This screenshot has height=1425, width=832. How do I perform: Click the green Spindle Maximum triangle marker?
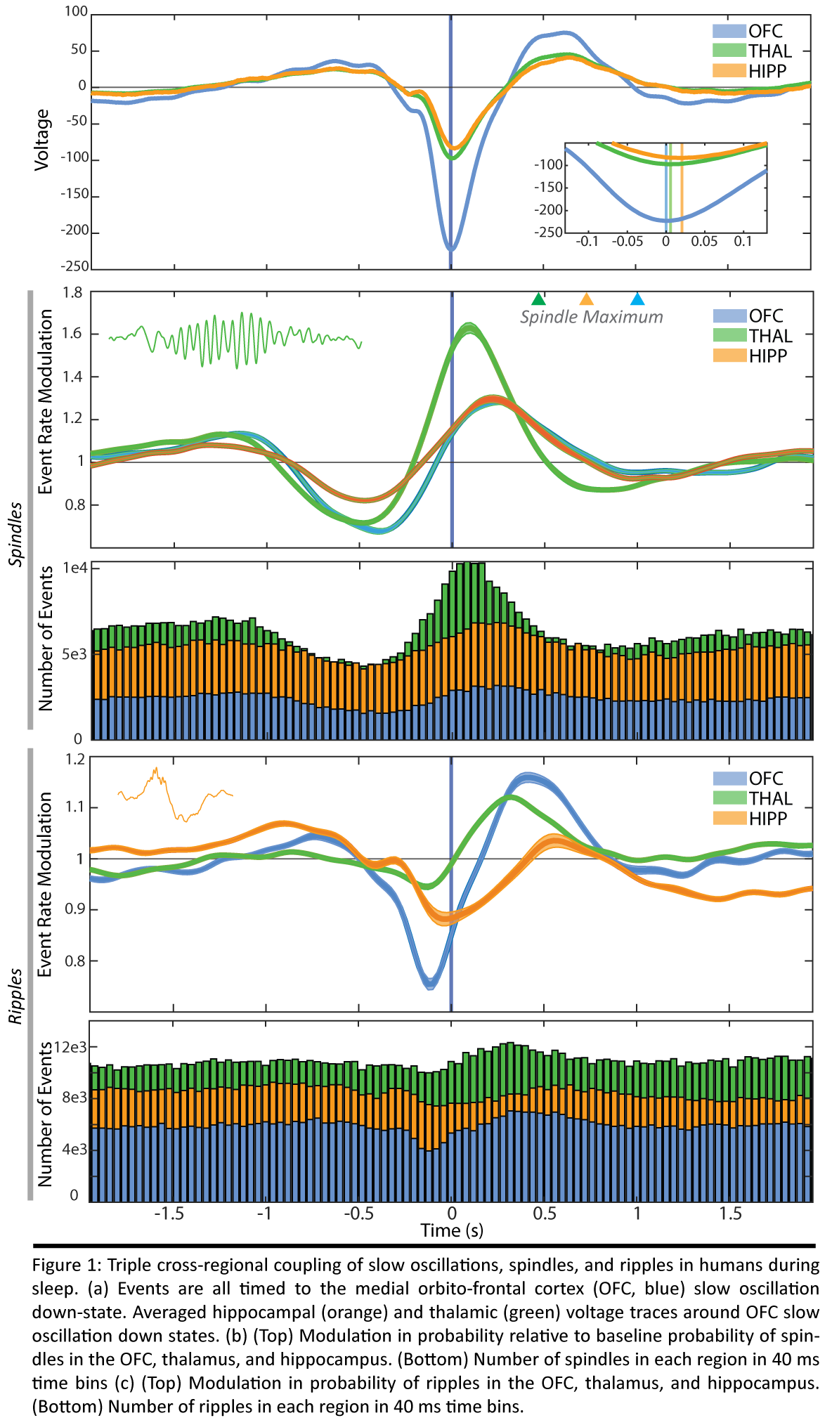click(x=538, y=299)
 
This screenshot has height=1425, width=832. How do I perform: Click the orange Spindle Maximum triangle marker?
click(x=586, y=299)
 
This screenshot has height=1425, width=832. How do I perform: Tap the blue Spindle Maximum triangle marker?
click(x=637, y=299)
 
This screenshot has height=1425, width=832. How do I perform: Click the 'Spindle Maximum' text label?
click(x=591, y=317)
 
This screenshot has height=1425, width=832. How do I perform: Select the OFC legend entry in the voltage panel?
click(x=748, y=31)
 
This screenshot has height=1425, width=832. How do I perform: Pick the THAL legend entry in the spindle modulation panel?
click(x=753, y=336)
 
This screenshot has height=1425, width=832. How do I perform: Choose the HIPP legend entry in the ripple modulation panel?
click(x=750, y=818)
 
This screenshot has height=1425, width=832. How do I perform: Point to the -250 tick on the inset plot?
click(x=549, y=233)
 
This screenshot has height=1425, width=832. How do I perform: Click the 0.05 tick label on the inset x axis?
click(x=704, y=242)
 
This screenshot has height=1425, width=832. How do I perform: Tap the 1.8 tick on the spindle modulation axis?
click(x=73, y=292)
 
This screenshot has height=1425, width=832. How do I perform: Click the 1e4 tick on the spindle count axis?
click(x=75, y=568)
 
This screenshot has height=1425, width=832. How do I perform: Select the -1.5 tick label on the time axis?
click(x=169, y=1213)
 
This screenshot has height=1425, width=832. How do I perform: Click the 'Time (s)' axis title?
click(x=452, y=1230)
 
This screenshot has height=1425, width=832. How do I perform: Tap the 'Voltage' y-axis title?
click(x=42, y=139)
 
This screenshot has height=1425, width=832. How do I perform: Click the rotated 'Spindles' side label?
click(x=16, y=534)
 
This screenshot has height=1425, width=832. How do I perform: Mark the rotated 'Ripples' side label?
click(x=16, y=996)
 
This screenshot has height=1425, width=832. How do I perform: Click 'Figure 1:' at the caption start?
click(x=67, y=1265)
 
